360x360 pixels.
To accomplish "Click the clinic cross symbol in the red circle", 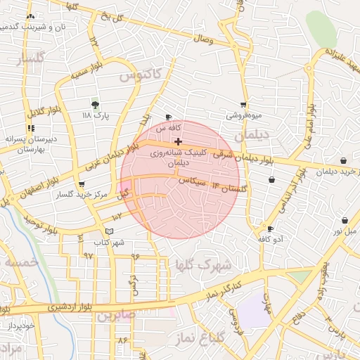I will [178, 141].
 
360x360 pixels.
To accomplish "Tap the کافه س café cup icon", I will [168, 117].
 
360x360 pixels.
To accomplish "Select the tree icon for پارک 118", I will [96, 103].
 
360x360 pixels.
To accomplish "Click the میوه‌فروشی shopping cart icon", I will [244, 104].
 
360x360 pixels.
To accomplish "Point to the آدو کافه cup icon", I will [271, 229].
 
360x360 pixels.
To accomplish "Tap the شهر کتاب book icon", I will [108, 231].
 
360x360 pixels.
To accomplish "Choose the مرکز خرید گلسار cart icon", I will [82, 184].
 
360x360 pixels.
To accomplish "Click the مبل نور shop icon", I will [344, 219].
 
